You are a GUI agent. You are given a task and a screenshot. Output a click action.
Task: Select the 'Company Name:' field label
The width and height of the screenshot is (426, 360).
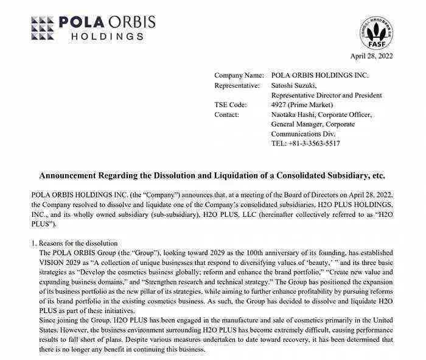(239, 76)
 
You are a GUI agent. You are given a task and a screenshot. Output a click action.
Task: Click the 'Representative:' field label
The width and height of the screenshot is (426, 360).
(237, 85)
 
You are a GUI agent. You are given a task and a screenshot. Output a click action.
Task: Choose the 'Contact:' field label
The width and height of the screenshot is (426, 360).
(227, 115)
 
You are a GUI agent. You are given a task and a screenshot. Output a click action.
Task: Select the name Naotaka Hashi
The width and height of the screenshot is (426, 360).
(295, 115)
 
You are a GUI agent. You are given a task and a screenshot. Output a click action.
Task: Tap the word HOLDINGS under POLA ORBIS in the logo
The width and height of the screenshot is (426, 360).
(108, 37)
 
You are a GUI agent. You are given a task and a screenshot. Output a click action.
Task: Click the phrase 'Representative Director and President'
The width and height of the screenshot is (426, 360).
(326, 95)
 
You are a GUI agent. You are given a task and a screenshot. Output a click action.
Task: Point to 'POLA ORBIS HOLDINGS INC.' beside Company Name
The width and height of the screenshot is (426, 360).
(320, 76)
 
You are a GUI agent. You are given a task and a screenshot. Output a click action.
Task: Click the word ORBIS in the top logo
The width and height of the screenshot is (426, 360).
(131, 22)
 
